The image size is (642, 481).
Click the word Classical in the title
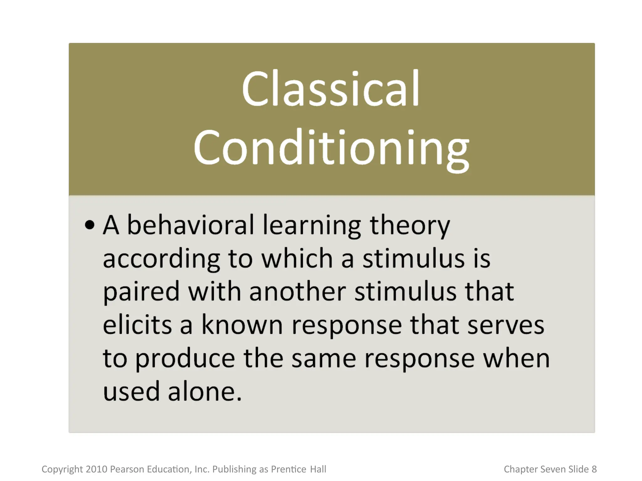pyautogui.click(x=330, y=89)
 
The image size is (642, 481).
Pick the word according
pyautogui.click(x=161, y=260)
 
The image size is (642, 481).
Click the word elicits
pyautogui.click(x=137, y=325)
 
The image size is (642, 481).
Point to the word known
pyautogui.click(x=242, y=325)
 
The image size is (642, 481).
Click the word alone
pyautogui.click(x=205, y=392)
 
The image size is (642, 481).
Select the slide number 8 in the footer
pyautogui.click(x=594, y=469)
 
